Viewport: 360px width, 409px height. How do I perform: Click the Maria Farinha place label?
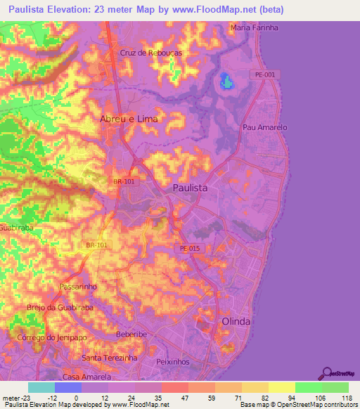coord(254,27)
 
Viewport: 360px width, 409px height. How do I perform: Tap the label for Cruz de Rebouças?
coord(151,53)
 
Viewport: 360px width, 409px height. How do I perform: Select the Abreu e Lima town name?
coord(129,119)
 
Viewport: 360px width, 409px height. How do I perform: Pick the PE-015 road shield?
coord(186,249)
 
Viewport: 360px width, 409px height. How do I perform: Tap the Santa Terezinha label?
coord(110,358)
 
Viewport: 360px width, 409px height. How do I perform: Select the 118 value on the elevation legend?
coord(346,398)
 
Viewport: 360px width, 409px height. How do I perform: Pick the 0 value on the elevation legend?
coord(76,398)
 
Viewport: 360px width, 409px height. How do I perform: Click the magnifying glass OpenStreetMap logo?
coord(327,372)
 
